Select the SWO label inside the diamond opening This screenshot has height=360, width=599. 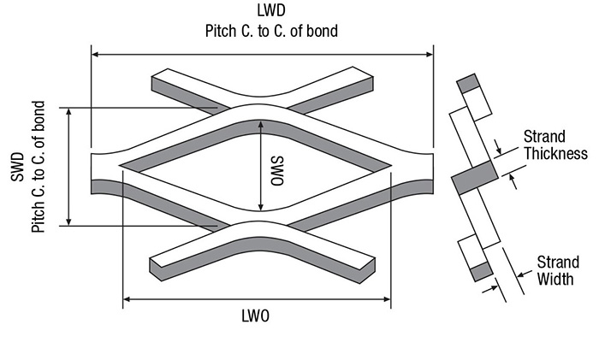276,168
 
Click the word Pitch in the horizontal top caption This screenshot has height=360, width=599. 221,32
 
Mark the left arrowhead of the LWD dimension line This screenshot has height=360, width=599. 96,54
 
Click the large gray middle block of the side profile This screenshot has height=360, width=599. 474,179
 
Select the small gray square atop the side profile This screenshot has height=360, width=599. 467,83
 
